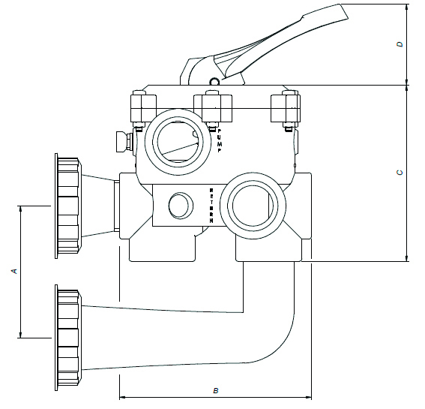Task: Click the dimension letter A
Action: point(14,271)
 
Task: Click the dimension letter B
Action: point(216,390)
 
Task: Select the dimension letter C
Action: point(400,173)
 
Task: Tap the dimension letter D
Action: point(400,44)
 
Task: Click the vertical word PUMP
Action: point(220,140)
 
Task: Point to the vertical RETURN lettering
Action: point(211,206)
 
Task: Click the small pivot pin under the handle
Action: point(214,81)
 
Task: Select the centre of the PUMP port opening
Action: point(178,142)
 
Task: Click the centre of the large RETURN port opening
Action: point(253,206)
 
